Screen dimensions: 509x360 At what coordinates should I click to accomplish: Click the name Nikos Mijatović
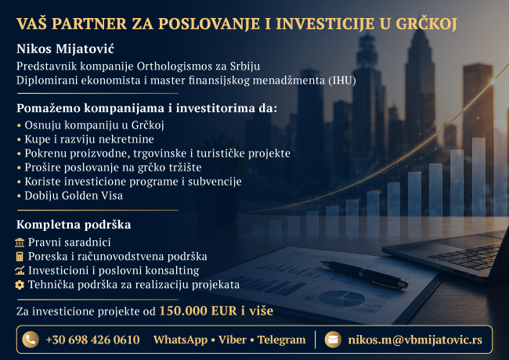click(65, 49)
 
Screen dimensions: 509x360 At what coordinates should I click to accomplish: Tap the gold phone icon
click(31, 340)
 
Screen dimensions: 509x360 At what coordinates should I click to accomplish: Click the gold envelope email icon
click(333, 340)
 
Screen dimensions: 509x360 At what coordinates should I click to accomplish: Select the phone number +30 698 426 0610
click(93, 340)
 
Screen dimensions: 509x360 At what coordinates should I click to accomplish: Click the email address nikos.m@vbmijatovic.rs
click(415, 340)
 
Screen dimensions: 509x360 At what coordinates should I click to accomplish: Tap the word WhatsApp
click(180, 340)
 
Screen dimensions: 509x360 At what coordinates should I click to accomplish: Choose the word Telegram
click(281, 340)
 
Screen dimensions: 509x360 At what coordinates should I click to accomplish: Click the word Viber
click(233, 340)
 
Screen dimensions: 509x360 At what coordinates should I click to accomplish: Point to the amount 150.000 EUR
click(198, 311)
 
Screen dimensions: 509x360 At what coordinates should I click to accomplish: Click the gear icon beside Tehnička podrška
click(20, 285)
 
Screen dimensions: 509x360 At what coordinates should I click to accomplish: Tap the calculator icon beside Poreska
click(20, 257)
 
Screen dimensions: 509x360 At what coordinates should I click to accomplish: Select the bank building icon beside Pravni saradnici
click(20, 243)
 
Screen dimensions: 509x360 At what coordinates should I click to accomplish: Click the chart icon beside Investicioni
click(20, 271)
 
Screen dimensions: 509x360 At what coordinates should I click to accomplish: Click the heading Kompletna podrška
click(74, 225)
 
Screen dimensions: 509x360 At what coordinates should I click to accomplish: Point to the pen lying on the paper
click(364, 275)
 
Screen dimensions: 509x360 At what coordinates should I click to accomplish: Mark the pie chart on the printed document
click(341, 297)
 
